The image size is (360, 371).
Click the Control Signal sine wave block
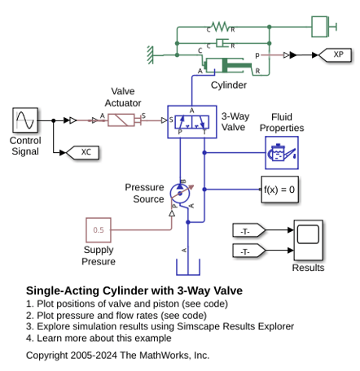25,120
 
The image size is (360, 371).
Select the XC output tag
82,152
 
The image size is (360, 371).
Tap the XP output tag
335,55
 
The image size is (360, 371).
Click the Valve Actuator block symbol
121,120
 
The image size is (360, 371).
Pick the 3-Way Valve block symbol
192,122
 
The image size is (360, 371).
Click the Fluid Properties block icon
282,153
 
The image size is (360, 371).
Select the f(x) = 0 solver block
279,190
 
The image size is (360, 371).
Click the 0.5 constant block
99,230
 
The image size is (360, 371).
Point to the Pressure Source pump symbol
180,194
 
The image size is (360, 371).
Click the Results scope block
308,240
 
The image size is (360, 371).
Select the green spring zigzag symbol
221,27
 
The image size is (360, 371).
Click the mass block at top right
319,27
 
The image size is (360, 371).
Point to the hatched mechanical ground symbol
150,55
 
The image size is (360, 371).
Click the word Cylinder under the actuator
229,85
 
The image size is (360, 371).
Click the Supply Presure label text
99,255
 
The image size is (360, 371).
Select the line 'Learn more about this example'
104,338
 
